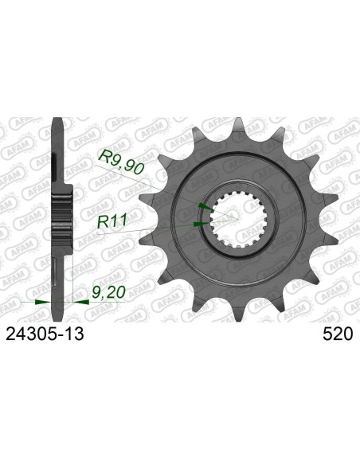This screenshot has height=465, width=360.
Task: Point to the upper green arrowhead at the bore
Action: (x=205, y=205)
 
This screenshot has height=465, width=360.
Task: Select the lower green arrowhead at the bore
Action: (x=198, y=225)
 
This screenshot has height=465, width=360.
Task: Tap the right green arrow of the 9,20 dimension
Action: (x=82, y=303)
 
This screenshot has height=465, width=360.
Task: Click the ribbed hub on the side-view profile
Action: (x=63, y=215)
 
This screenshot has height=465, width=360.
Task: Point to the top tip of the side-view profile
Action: (x=56, y=122)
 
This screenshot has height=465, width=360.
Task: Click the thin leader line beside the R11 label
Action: (x=159, y=228)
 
